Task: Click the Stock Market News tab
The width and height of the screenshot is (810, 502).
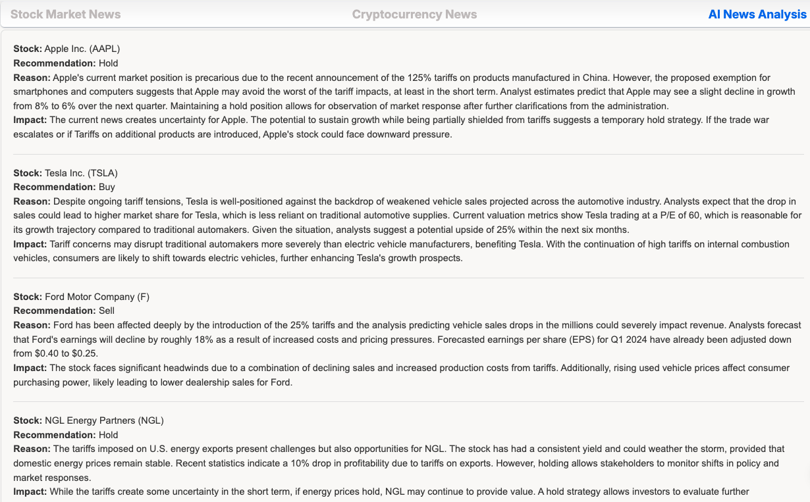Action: (65, 14)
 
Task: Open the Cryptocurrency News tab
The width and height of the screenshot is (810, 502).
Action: (414, 14)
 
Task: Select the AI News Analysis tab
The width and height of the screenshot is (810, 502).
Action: (757, 14)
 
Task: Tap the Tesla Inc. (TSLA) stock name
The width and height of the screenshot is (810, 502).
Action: (81, 173)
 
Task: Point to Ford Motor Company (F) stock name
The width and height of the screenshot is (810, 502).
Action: (97, 297)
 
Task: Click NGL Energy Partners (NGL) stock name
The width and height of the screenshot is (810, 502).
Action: (104, 420)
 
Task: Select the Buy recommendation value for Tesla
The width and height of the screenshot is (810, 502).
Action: (107, 187)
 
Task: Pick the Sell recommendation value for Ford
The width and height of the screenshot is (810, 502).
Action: (107, 311)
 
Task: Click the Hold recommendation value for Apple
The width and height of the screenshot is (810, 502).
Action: (108, 63)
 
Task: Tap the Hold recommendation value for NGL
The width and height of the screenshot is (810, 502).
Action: (108, 435)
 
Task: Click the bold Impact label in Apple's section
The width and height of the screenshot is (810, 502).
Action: (30, 120)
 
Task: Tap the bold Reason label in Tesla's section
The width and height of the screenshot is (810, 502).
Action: (32, 201)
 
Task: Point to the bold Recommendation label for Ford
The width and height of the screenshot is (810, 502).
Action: (55, 311)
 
